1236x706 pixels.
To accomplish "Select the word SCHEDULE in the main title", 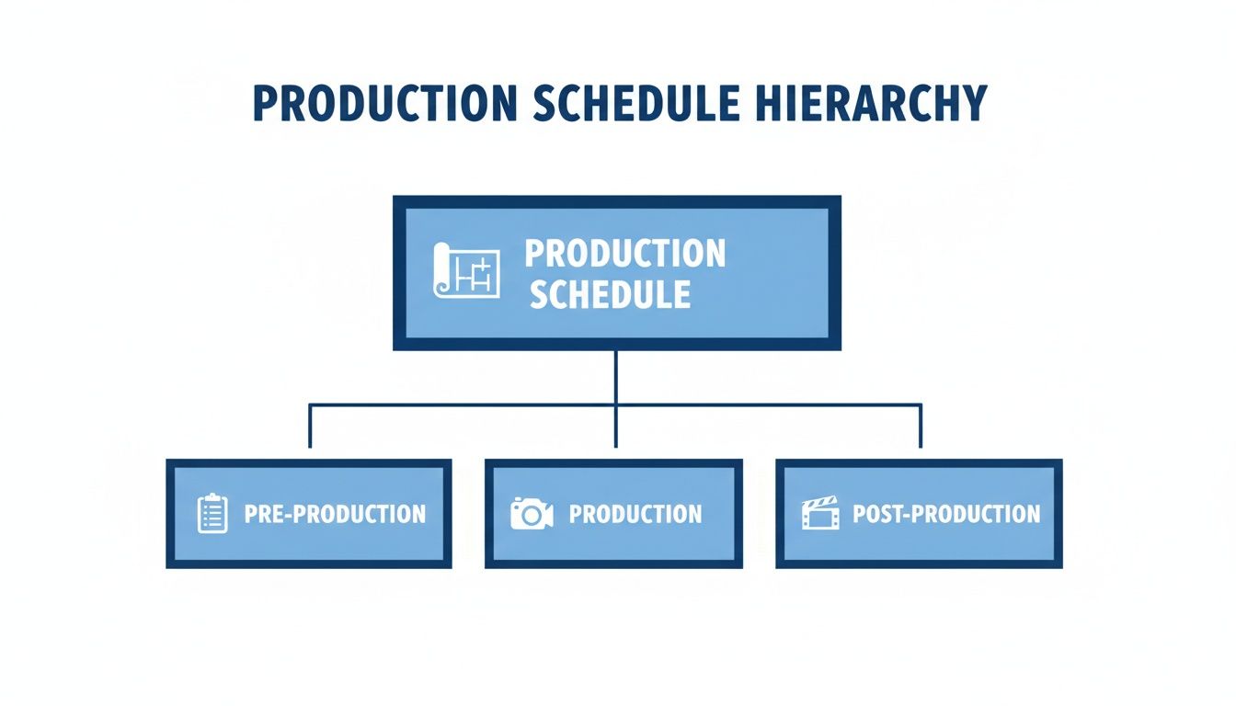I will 635,104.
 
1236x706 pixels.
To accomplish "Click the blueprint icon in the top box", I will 466,270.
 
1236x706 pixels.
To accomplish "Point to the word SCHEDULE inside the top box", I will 610,295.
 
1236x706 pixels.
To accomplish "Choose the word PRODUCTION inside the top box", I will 625,254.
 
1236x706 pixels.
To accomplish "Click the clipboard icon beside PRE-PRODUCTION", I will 212,514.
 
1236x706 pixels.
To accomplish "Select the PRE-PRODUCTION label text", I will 335,514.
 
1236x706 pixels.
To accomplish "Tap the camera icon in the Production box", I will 532,514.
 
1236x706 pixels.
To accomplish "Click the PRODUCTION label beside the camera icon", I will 635,514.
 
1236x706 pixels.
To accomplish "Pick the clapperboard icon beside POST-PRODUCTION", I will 820,514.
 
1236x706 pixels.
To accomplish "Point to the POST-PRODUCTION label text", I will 946,514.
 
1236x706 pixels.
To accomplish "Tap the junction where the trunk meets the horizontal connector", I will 615,404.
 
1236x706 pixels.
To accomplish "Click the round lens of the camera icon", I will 531,516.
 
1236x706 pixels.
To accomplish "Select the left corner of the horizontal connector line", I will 310,404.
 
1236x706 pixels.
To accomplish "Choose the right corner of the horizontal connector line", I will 921,404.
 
